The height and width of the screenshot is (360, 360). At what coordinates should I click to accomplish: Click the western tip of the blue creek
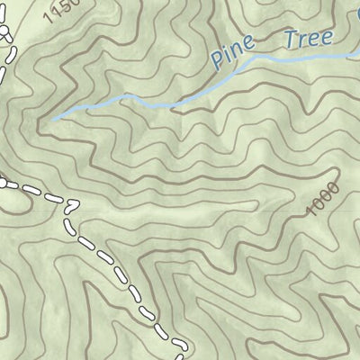51,118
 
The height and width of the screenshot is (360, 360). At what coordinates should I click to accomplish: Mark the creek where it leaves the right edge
358,51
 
